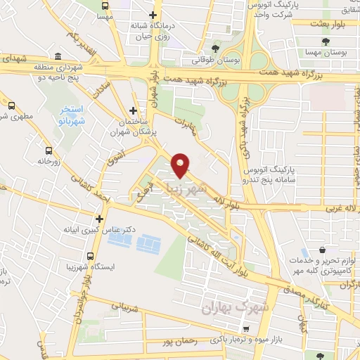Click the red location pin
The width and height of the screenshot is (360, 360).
pyautogui.click(x=181, y=164)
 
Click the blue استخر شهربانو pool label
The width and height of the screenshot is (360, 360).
pyautogui.click(x=71, y=115)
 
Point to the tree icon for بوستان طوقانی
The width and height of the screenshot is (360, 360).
pyautogui.click(x=215, y=49)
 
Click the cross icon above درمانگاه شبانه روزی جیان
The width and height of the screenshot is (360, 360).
pyautogui.click(x=151, y=15)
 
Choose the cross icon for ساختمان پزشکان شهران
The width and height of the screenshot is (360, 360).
pyautogui.click(x=133, y=110)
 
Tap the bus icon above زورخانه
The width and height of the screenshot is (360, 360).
pyautogui.click(x=49, y=150)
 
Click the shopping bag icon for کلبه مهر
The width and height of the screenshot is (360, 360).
pyautogui.click(x=321, y=250)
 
